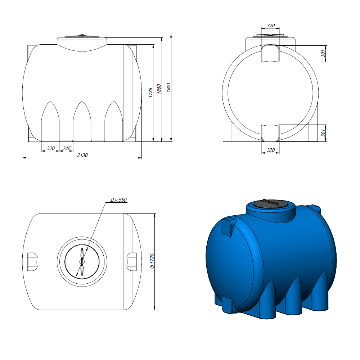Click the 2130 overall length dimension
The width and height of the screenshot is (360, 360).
click(82, 155)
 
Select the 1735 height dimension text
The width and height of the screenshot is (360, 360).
click(150, 92)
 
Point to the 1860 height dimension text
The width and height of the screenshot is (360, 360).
click(159, 89)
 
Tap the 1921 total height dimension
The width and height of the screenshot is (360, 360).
click(168, 87)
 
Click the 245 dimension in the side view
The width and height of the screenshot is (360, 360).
click(66, 148)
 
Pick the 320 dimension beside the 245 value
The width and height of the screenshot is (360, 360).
click(50, 148)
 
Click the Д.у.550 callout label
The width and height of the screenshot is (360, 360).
click(118, 200)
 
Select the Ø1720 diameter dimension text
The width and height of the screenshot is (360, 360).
click(152, 261)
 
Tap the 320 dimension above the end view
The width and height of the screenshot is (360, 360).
click(271, 26)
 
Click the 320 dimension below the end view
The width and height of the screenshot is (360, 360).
click(271, 150)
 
